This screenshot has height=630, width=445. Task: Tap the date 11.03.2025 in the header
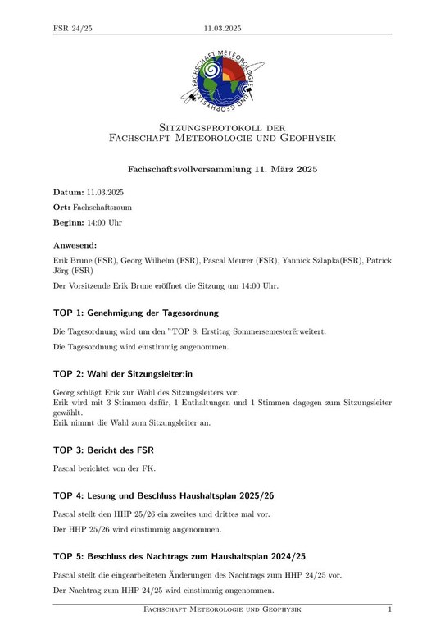pos(222,29)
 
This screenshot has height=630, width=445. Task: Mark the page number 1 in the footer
pos(389,610)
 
